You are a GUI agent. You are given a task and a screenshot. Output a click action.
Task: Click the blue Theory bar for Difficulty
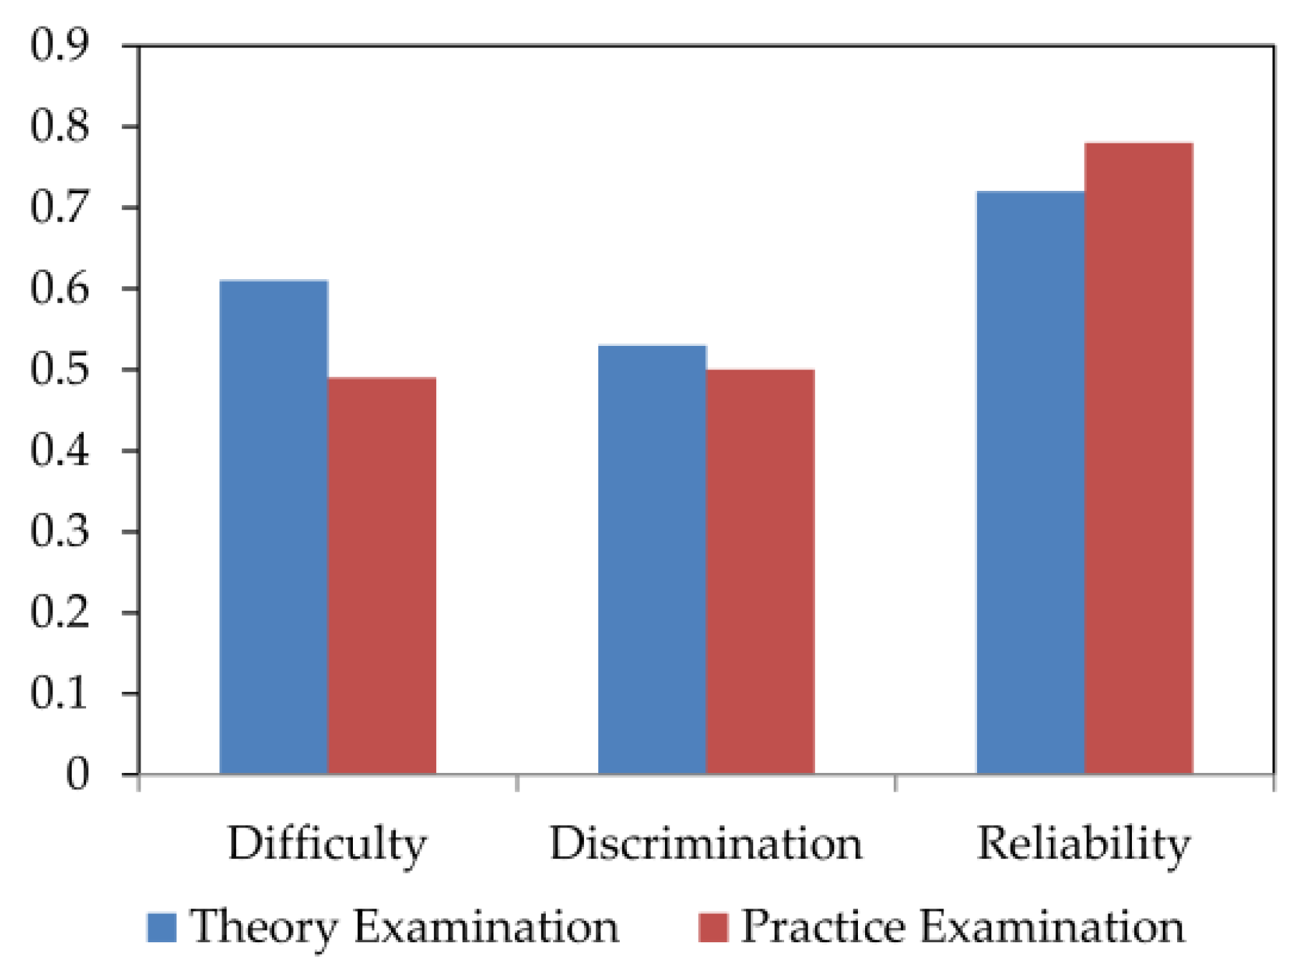(273, 527)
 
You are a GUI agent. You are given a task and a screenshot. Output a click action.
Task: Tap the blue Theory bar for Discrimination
(652, 560)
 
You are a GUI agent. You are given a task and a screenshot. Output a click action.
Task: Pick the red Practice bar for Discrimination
(760, 572)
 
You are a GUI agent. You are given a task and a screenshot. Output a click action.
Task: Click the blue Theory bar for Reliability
(1030, 483)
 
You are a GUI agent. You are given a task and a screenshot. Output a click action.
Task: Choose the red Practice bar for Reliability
(1138, 459)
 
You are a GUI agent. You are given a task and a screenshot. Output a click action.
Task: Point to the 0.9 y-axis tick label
(60, 45)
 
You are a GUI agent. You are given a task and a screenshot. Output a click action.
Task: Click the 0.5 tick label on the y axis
(60, 370)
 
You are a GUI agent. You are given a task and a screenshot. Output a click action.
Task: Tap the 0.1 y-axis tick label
(60, 694)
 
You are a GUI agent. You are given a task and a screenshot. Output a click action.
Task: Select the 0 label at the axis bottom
(77, 774)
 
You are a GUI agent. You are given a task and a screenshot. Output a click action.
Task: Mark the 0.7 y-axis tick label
(60, 207)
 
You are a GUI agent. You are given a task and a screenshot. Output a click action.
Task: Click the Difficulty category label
(327, 844)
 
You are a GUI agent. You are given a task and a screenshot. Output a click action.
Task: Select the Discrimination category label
(706, 844)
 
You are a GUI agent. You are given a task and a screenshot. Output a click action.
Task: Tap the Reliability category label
(1084, 844)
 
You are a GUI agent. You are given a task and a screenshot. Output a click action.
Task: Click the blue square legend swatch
(161, 927)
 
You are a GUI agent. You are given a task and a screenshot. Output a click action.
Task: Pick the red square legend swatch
(713, 927)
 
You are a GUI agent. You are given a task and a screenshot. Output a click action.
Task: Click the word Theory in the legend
(264, 927)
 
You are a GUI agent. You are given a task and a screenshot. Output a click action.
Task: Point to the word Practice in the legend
(823, 927)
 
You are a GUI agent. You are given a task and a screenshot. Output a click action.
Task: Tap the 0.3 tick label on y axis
(60, 532)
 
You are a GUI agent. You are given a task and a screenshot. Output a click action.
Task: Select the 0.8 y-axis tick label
(60, 126)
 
